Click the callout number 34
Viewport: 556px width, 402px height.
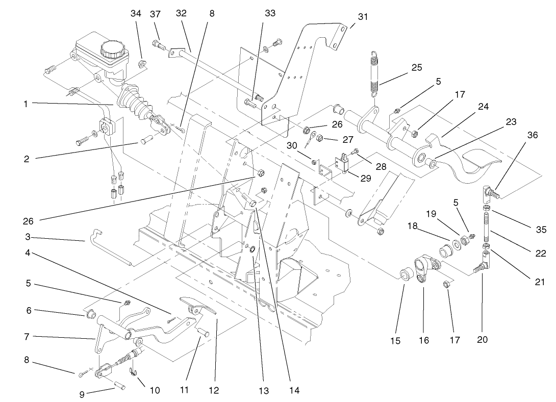point(136,14)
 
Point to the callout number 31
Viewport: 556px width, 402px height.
point(363,16)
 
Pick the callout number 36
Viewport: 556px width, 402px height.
point(533,135)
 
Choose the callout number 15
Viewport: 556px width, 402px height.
point(396,341)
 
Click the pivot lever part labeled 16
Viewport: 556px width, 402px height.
point(424,267)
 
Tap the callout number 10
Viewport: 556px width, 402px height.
point(155,390)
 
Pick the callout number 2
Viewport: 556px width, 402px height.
point(26,159)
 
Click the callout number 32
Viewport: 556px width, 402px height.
point(182,14)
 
